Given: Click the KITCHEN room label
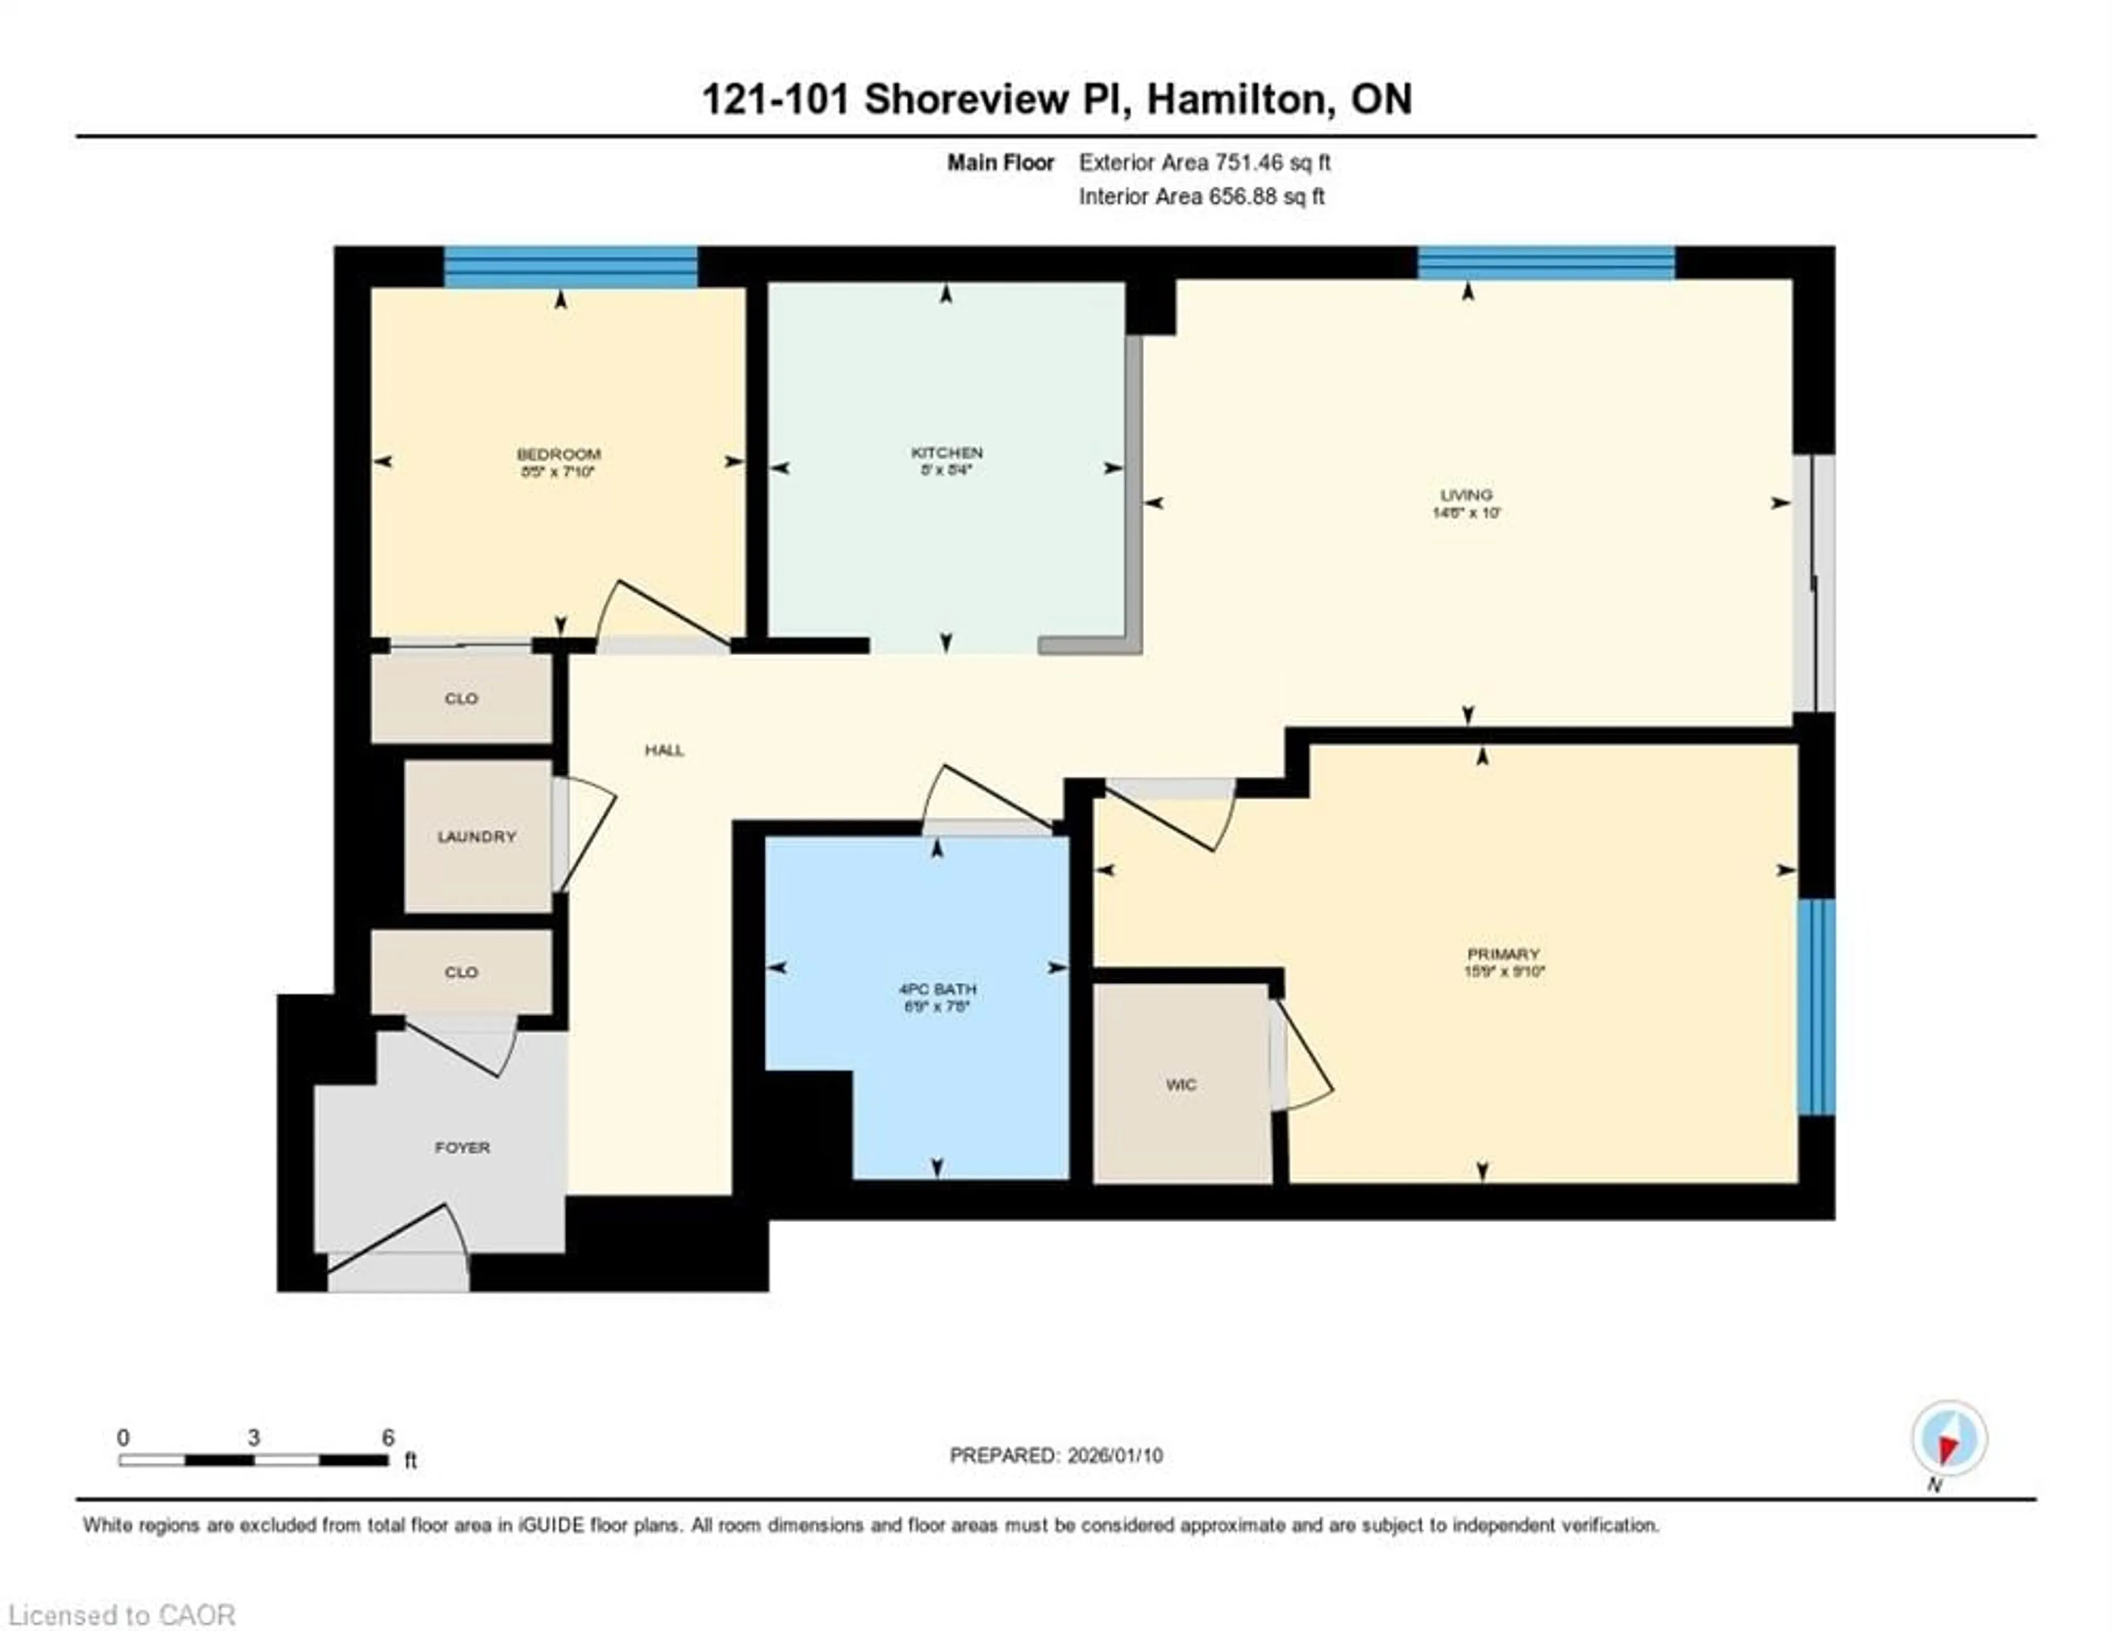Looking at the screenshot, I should (x=946, y=452).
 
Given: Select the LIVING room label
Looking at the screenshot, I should (x=1466, y=495).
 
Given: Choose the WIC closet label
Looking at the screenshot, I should (x=1181, y=1085).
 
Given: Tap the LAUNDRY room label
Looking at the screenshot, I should (x=477, y=836).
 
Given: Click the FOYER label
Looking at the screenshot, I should (x=462, y=1148).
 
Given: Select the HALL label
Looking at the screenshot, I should (x=664, y=750).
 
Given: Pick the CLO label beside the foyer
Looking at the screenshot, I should (x=461, y=972).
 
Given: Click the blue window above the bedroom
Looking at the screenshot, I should (x=570, y=267).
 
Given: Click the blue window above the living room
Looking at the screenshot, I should (x=1546, y=263).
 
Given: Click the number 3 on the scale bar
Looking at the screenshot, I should (x=254, y=1438).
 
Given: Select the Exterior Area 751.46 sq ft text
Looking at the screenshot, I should (x=1204, y=162).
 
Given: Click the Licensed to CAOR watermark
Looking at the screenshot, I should (x=121, y=1615).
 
